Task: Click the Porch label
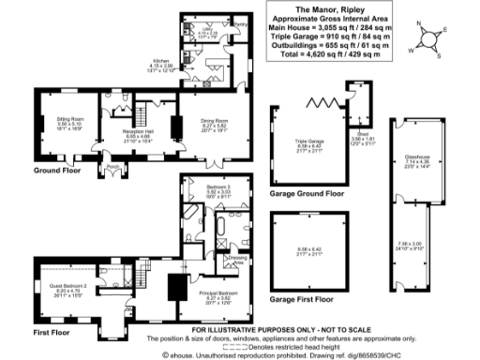click(113, 169)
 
